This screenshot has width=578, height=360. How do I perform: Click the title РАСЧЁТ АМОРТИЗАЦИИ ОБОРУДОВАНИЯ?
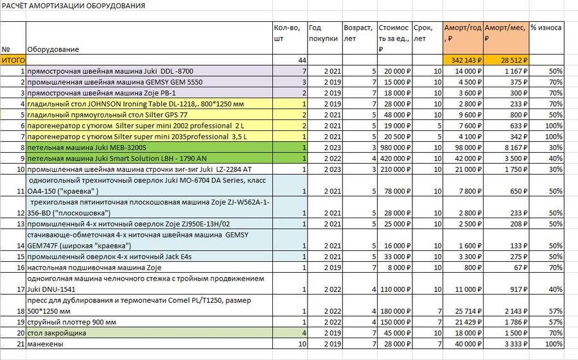[x=73, y=6]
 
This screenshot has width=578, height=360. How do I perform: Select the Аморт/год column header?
[x=462, y=33]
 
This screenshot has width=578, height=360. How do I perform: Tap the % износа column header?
[x=546, y=28]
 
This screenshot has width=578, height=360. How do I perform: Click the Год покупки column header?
[x=323, y=33]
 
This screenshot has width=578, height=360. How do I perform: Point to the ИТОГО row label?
[x=13, y=60]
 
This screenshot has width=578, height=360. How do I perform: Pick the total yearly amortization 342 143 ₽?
[x=466, y=60]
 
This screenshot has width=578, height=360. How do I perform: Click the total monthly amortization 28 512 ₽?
[x=514, y=60]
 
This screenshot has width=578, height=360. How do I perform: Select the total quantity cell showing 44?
[x=302, y=60]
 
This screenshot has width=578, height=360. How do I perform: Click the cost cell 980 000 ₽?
[x=395, y=148]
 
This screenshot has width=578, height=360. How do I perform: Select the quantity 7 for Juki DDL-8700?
[x=304, y=71]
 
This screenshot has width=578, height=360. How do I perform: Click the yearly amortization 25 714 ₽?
[x=468, y=311]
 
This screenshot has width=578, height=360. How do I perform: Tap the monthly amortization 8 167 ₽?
[x=516, y=148]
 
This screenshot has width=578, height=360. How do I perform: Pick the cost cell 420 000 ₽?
[x=395, y=159]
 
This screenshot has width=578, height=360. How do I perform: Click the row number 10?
[x=21, y=169]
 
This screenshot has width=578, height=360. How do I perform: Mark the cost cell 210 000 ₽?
[x=395, y=169]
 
